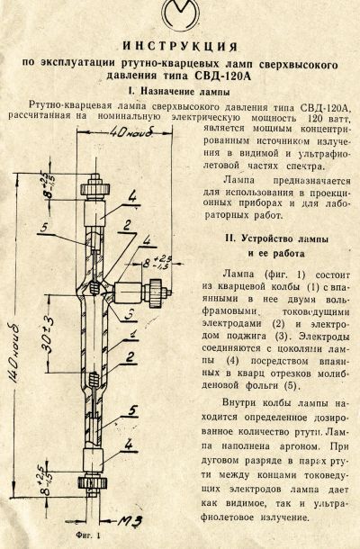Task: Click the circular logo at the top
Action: coord(180,15)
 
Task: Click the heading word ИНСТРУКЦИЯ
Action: coord(180,46)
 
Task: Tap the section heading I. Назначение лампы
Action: coord(179,92)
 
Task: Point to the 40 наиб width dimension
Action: coord(131,132)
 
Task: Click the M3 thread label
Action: coord(130,521)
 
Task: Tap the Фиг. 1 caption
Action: coord(87,535)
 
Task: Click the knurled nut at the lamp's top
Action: coord(96,189)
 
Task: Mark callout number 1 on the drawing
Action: coord(132,335)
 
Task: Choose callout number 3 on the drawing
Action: coord(130,314)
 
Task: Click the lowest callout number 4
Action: coord(129,445)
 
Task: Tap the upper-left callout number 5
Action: coord(43,228)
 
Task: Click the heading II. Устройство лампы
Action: coord(276,238)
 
